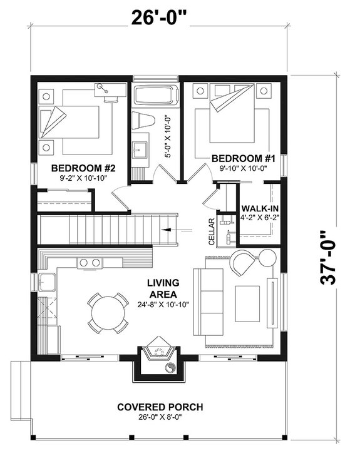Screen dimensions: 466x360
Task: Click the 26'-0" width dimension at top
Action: click(x=159, y=17)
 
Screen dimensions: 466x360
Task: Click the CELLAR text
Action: click(x=211, y=231)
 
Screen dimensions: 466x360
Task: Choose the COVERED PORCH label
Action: click(x=160, y=407)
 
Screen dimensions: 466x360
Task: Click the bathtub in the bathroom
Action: click(x=155, y=98)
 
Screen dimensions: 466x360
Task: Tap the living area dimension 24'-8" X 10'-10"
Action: click(x=163, y=305)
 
